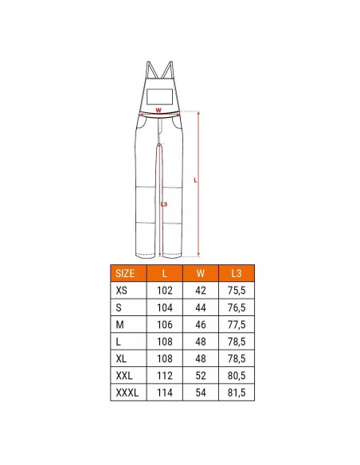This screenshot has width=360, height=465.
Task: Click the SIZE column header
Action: [x=125, y=273]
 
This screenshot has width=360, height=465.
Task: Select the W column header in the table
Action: [x=201, y=273]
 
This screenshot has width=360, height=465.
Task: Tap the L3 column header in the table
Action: [x=237, y=273]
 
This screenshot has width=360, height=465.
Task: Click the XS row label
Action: [x=121, y=290]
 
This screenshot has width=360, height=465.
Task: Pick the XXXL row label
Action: [x=127, y=393]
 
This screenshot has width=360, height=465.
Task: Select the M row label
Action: [x=119, y=324]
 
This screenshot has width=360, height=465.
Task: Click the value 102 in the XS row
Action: [x=165, y=290]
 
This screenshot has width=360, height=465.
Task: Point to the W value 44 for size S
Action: [x=201, y=307]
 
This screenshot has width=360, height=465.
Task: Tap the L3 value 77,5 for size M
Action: [x=237, y=324]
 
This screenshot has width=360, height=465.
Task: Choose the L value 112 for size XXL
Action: [x=165, y=376]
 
